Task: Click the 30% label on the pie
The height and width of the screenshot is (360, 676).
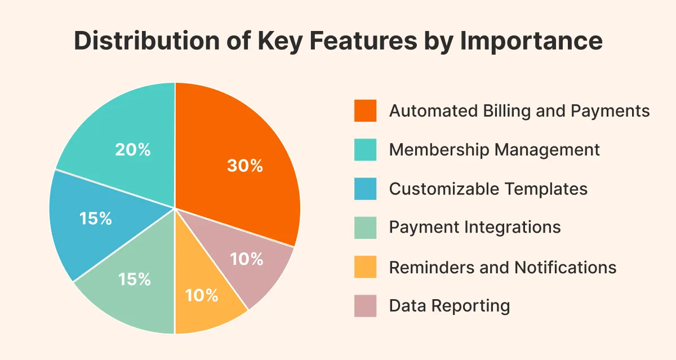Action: point(245,166)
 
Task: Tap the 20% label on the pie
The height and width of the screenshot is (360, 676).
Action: point(133,149)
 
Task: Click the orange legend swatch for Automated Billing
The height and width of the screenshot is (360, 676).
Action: point(365,111)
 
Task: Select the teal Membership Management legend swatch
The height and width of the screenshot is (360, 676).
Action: point(365,150)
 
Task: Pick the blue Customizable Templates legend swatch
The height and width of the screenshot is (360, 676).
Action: point(365,189)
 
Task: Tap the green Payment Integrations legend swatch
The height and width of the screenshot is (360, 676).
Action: point(365,228)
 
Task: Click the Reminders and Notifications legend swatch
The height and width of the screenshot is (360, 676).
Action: point(365,266)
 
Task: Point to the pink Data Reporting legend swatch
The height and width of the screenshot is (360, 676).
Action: point(365,306)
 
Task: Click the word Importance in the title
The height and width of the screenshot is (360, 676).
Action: point(531,41)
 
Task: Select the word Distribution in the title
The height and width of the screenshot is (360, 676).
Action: point(146,40)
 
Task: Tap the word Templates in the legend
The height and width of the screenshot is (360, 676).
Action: point(546,189)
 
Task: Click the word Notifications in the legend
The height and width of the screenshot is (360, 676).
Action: point(565,268)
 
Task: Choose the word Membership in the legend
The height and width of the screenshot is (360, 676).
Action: point(439,150)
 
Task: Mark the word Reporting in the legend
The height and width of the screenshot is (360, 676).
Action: point(470,306)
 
